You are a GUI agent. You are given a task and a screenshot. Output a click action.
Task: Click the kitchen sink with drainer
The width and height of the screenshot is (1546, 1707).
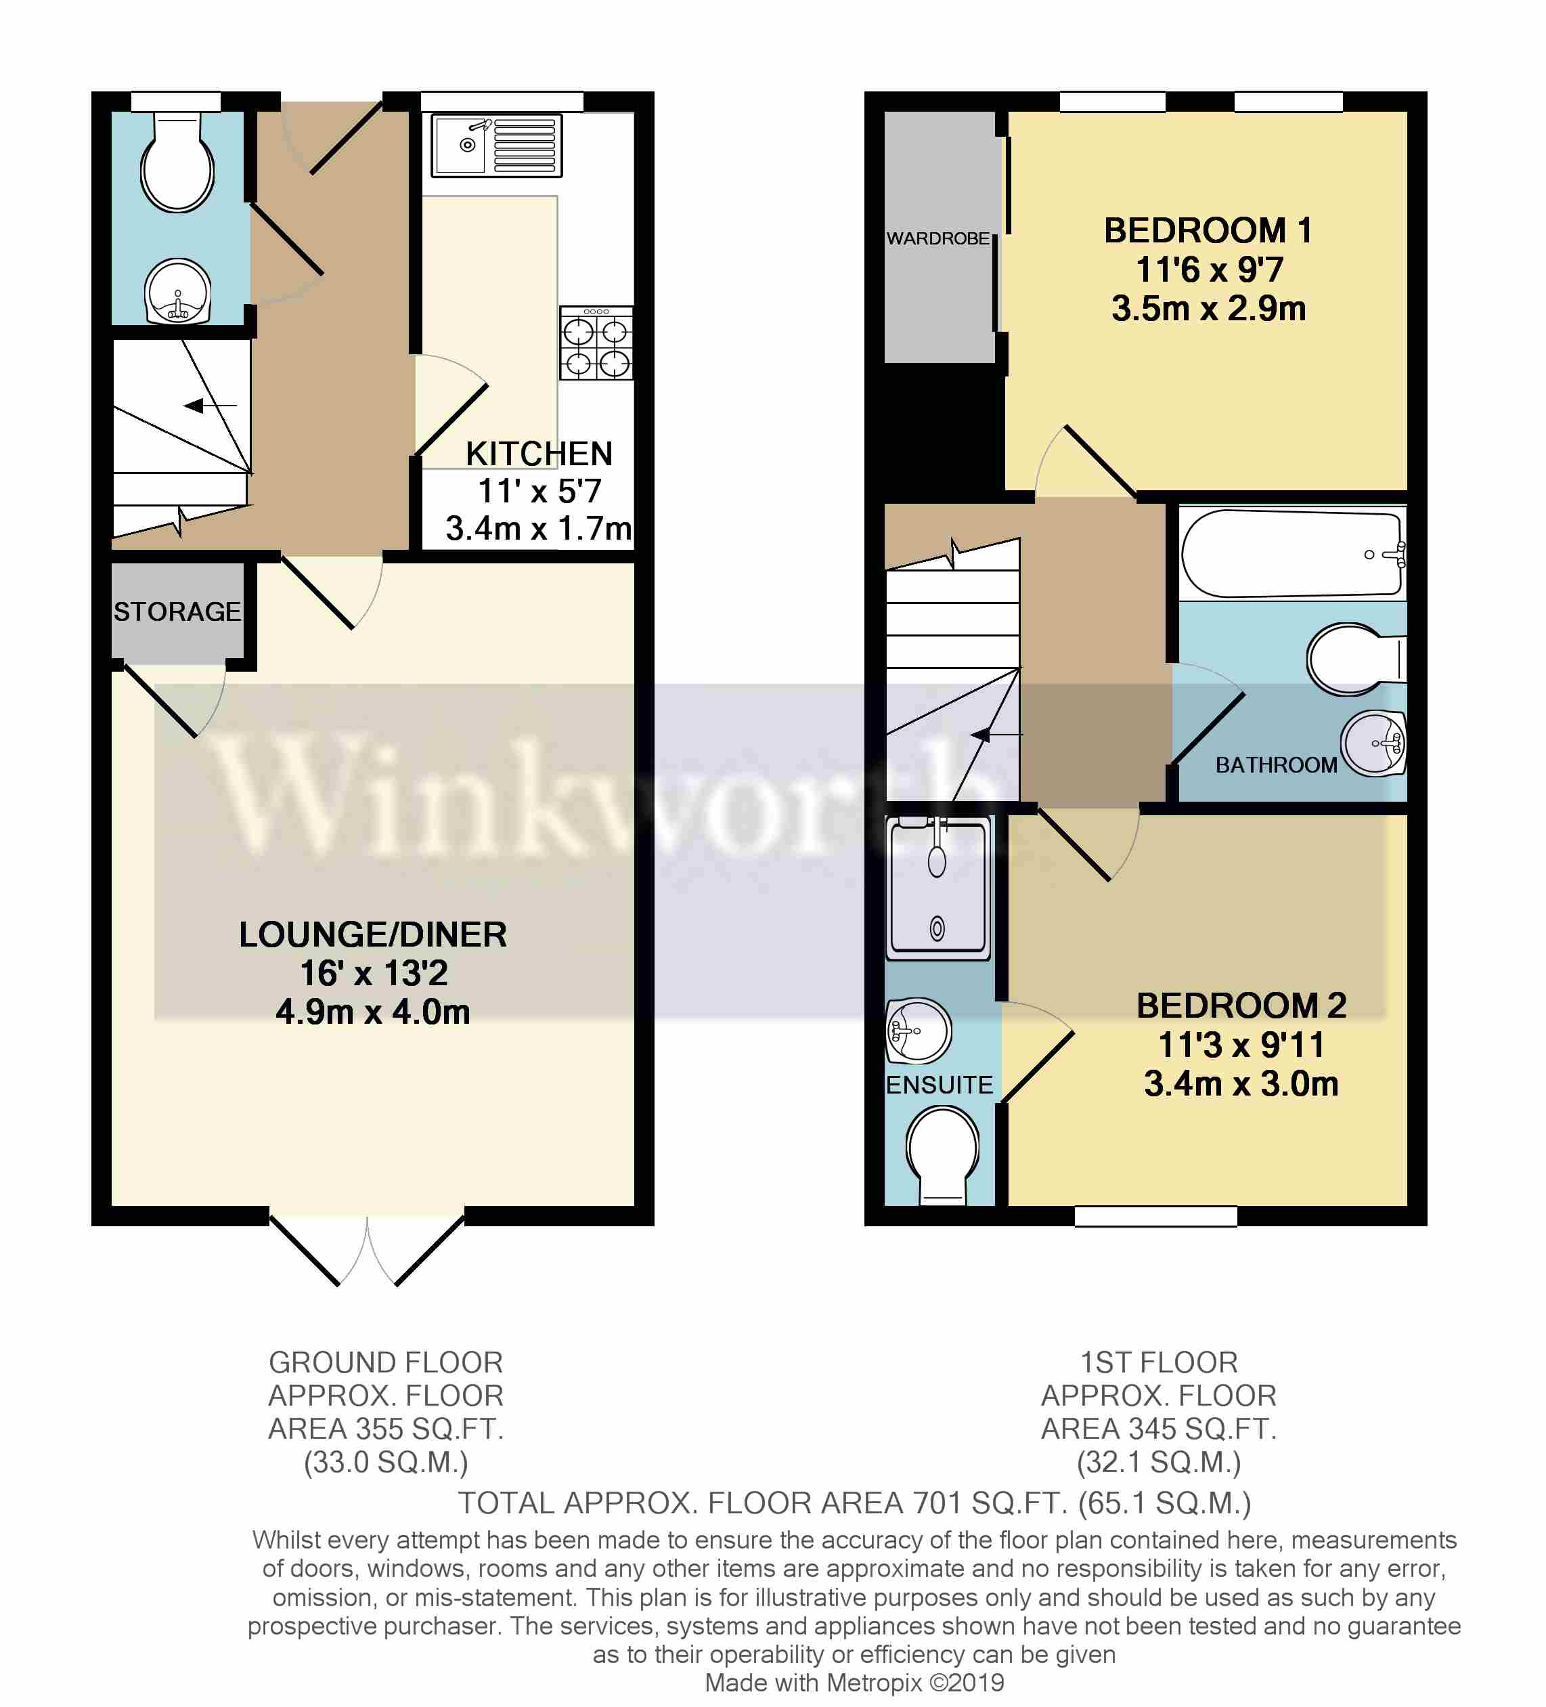coord(496,146)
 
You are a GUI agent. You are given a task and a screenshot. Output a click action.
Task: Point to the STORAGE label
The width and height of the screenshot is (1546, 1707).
coord(177,611)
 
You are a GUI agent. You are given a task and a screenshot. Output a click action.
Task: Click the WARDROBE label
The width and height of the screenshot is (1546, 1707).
coord(937,239)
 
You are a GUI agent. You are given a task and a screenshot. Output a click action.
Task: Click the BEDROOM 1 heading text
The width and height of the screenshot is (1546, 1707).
coord(1208,230)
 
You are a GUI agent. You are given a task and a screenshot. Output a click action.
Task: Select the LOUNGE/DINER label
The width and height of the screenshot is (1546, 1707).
coord(372,935)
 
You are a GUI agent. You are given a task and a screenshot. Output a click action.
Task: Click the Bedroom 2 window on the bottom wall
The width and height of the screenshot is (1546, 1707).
coord(1155,1216)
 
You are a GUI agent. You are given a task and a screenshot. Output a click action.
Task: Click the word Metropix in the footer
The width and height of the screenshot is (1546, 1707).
coord(873,1683)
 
